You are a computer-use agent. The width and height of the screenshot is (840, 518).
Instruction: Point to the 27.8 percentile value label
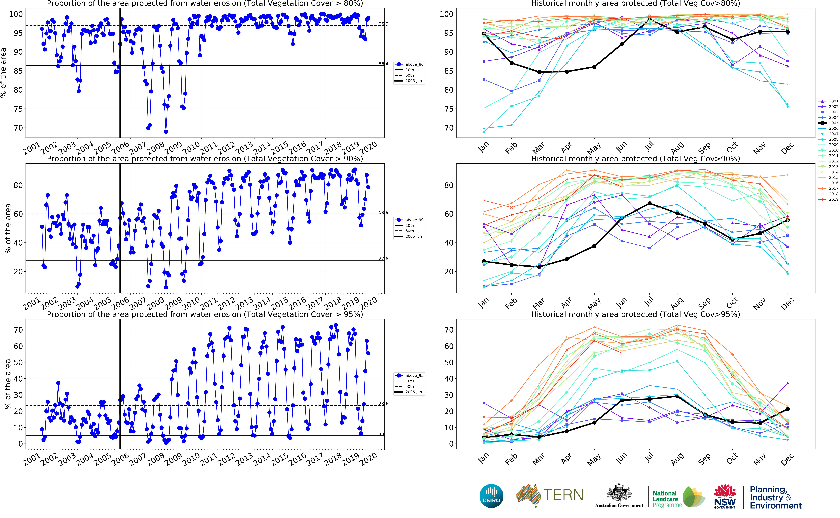pyautogui.click(x=383, y=259)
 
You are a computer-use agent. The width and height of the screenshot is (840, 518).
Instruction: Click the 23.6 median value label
pyautogui.click(x=383, y=404)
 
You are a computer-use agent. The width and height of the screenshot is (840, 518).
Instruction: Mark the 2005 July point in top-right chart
pyautogui.click(x=649, y=19)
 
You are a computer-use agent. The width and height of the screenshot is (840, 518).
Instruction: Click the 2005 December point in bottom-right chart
pyautogui.click(x=788, y=409)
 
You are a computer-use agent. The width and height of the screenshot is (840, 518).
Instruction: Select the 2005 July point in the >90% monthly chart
pyautogui.click(x=649, y=203)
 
